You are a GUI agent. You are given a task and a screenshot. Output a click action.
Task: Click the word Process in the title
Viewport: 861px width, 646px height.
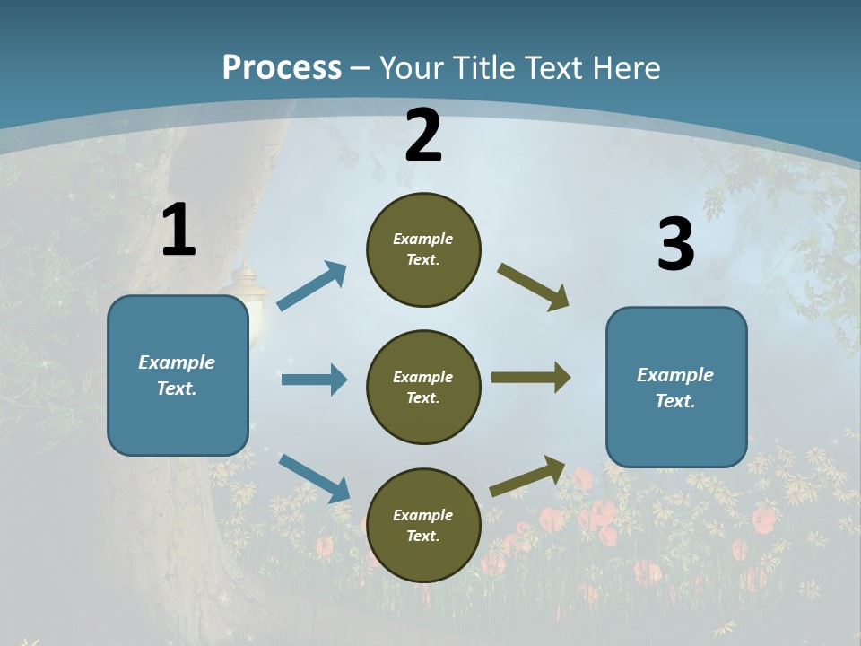tap(282, 67)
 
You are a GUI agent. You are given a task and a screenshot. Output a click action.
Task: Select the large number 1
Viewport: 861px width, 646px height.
tap(178, 231)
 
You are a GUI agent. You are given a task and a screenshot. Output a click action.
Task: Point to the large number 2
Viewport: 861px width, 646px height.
tap(423, 135)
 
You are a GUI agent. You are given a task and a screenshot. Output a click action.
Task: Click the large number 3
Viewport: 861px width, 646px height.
tap(675, 244)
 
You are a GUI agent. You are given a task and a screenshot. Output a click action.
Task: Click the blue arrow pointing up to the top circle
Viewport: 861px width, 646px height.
tap(312, 286)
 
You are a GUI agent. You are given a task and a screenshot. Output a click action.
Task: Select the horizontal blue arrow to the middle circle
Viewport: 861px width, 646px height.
tap(314, 380)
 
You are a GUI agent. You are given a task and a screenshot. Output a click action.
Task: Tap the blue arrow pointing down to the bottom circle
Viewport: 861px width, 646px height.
tap(314, 478)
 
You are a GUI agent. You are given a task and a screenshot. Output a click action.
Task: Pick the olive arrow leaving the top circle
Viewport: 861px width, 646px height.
tap(534, 287)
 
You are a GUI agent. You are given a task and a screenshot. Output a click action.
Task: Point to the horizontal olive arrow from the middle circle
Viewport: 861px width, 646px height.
tap(531, 378)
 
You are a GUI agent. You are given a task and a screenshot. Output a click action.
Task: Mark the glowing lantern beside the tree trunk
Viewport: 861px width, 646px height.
tap(248, 301)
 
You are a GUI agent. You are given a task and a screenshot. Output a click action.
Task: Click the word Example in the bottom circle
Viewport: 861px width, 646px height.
tap(422, 515)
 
